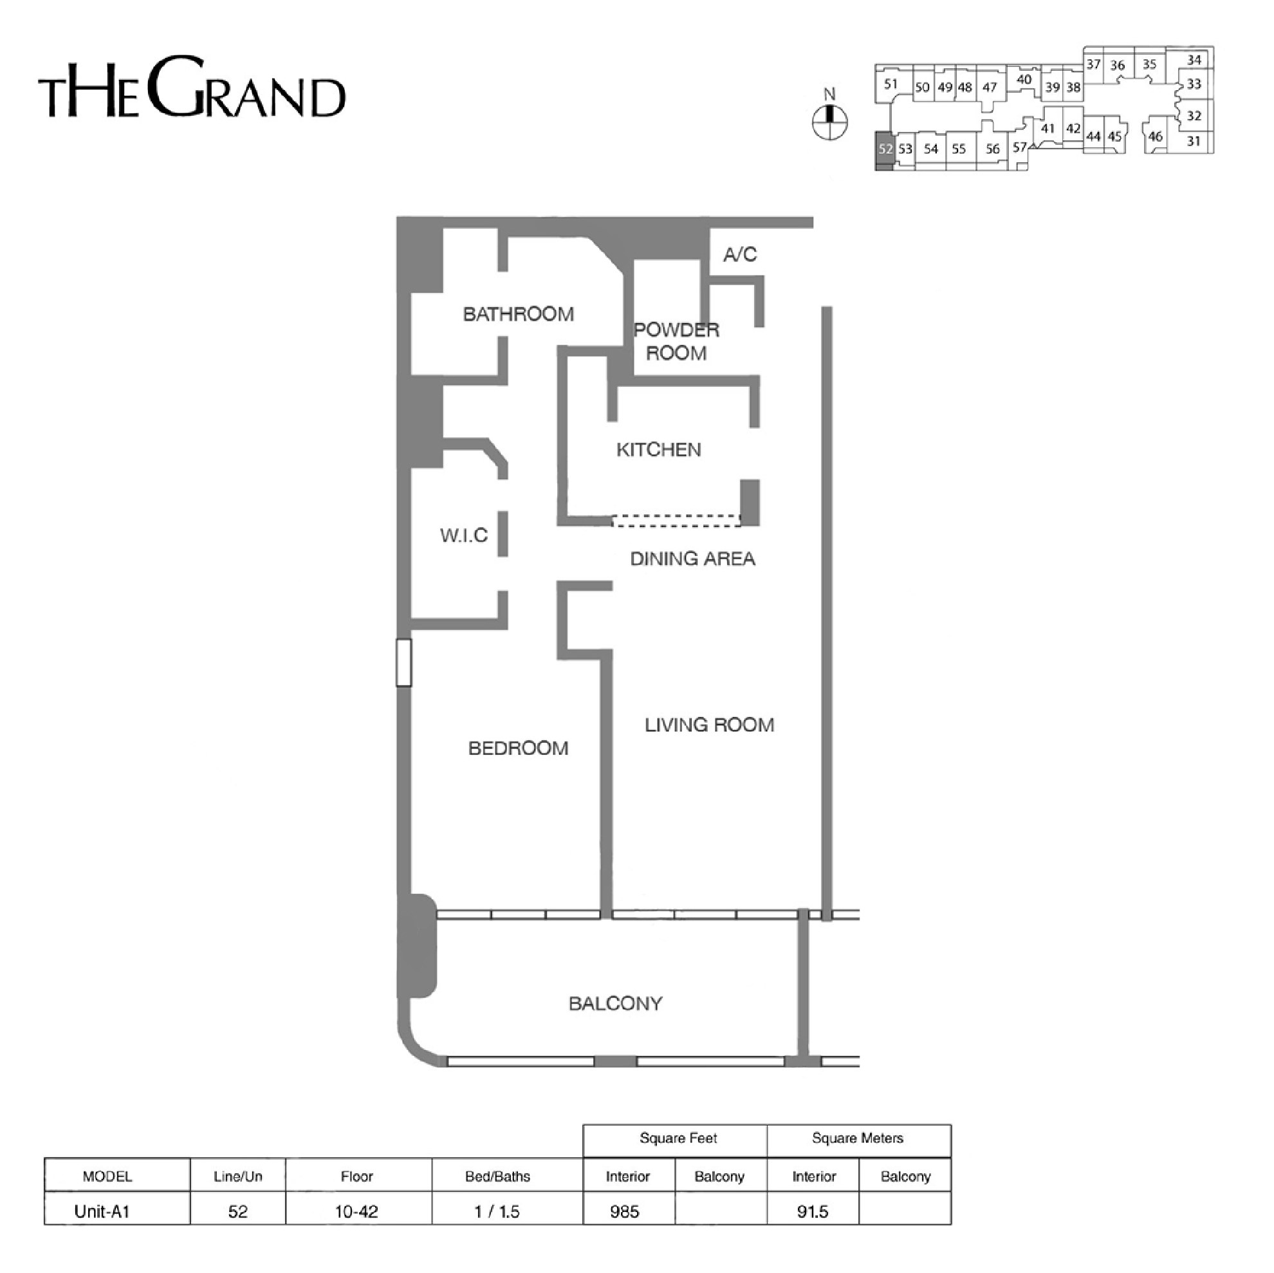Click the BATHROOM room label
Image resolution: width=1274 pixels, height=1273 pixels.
(519, 314)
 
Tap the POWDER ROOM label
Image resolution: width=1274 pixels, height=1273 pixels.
(676, 342)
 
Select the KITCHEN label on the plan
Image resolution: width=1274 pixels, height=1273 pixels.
(659, 450)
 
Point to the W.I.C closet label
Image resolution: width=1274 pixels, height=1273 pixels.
(464, 535)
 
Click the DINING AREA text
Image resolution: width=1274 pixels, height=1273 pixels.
(693, 559)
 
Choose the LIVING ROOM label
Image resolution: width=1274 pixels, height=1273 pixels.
(710, 725)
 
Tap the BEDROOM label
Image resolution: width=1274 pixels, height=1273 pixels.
(519, 748)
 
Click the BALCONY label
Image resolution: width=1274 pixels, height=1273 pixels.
(615, 1004)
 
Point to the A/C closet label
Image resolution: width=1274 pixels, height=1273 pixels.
(740, 255)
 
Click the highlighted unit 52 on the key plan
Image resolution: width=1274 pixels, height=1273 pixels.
(885, 151)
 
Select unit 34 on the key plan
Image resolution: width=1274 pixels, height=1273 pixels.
(1194, 60)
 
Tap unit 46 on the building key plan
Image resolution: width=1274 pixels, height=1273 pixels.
(1156, 137)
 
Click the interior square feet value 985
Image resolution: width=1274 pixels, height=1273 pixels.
(625, 1212)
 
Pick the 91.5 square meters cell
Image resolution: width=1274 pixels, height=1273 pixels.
(813, 1212)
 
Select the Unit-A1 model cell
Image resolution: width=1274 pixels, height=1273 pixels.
(102, 1212)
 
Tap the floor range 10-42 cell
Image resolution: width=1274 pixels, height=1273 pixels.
(356, 1212)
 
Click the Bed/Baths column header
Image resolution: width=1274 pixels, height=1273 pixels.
(497, 1176)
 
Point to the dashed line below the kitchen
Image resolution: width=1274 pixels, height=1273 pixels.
(676, 521)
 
